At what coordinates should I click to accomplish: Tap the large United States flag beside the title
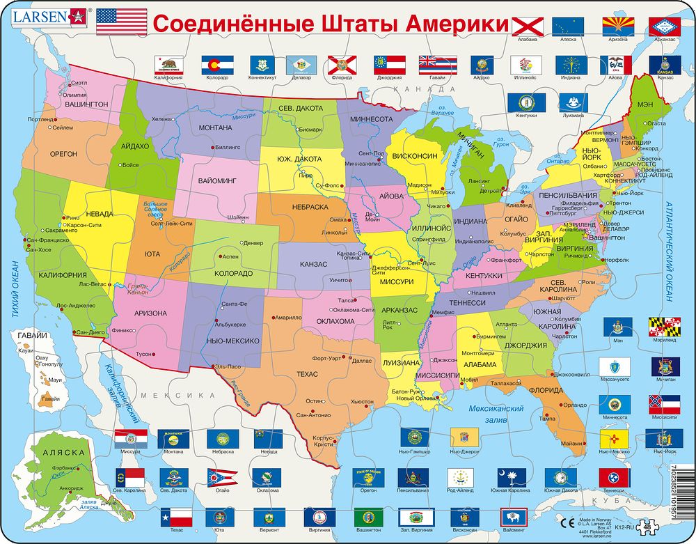pyautogui.click(x=121, y=22)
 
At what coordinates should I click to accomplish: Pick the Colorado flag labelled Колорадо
pyautogui.click(x=216, y=65)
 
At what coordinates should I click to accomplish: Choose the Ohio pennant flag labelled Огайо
pyautogui.click(x=222, y=478)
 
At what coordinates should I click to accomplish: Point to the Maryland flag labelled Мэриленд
pyautogui.click(x=665, y=327)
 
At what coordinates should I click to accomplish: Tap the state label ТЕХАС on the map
pyautogui.click(x=307, y=374)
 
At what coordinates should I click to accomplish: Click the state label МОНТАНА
pyautogui.click(x=215, y=128)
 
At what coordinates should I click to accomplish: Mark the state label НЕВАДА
pyautogui.click(x=100, y=213)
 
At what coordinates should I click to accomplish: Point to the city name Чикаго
pyautogui.click(x=436, y=207)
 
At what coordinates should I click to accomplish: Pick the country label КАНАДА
pyautogui.click(x=418, y=89)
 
